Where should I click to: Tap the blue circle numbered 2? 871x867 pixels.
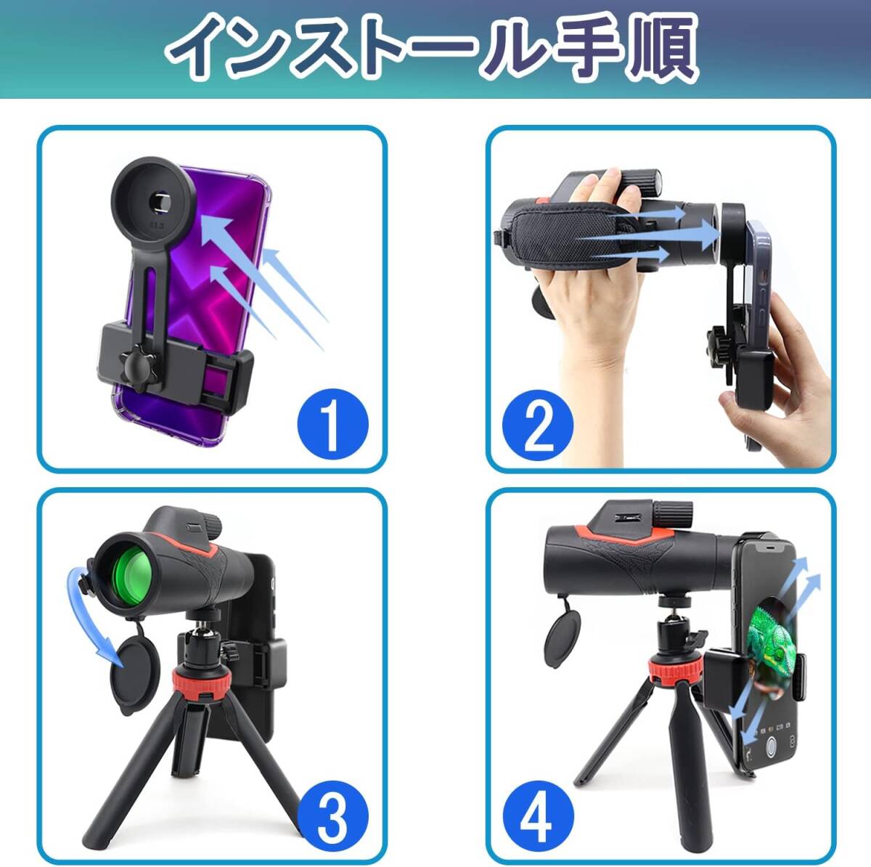538,425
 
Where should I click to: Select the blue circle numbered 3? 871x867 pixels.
332,816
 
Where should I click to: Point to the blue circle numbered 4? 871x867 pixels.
538,818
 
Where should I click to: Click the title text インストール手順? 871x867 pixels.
433,48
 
